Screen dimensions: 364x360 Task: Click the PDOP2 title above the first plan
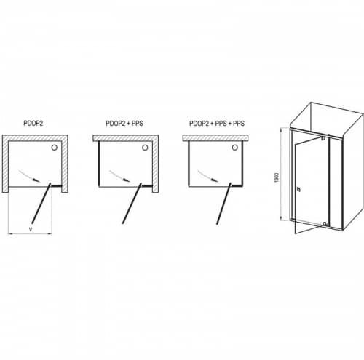coord(33,123)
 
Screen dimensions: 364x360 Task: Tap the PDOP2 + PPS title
coord(124,124)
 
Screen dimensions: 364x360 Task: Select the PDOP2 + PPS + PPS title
coord(217,124)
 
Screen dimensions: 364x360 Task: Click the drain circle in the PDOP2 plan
coord(55,148)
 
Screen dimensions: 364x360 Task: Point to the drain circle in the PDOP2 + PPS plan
coord(145,148)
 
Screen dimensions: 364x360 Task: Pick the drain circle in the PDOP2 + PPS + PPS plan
coord(235,148)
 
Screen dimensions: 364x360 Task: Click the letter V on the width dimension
coord(31,229)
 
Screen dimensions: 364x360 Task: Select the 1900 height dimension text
coord(277,177)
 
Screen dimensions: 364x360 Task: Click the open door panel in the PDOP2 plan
coord(41,203)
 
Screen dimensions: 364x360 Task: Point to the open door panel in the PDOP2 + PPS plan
coord(132,203)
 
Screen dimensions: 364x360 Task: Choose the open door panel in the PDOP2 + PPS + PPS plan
coord(223,203)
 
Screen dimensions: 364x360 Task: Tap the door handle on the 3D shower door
coord(298,189)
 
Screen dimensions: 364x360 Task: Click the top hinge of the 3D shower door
coord(323,138)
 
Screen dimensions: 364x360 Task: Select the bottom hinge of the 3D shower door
coord(324,224)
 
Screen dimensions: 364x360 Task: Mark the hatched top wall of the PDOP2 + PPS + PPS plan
coord(215,138)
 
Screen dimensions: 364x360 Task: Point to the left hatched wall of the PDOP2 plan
coord(5,164)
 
